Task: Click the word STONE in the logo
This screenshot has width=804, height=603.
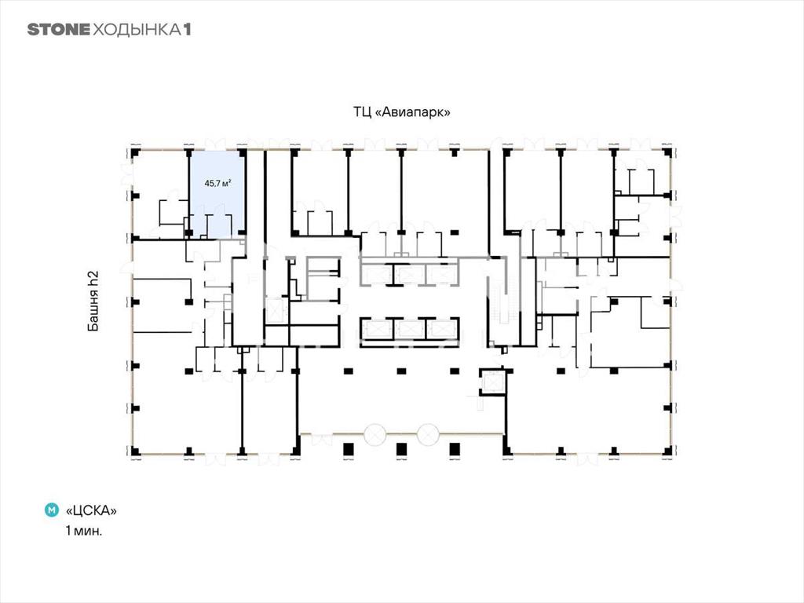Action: tap(58, 29)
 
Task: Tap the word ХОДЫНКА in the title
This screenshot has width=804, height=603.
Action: tap(137, 29)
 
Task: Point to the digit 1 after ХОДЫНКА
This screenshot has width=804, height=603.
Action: tap(187, 29)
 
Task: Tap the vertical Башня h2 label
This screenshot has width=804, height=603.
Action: tap(93, 301)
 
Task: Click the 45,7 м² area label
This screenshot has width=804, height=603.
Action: tap(217, 183)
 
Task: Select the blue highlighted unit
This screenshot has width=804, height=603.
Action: tap(217, 193)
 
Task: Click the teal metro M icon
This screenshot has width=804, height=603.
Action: tap(52, 510)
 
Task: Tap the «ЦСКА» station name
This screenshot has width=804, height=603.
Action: tap(91, 510)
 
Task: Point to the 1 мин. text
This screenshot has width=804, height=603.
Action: tap(83, 531)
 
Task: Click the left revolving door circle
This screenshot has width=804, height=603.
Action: tap(375, 435)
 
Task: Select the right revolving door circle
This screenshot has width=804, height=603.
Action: tap(428, 435)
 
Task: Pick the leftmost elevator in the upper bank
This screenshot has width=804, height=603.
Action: tap(378, 274)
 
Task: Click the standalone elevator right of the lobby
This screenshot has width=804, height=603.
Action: tap(493, 382)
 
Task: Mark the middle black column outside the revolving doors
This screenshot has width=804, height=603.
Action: tap(401, 449)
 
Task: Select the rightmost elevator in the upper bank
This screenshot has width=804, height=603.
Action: tap(442, 274)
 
